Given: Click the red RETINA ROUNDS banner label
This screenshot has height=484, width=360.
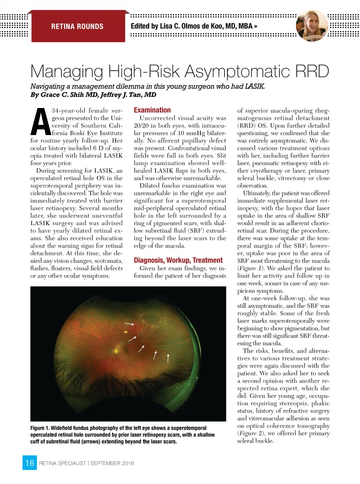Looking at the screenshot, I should click(77, 26).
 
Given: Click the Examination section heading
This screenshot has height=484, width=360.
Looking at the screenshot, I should click(152, 110).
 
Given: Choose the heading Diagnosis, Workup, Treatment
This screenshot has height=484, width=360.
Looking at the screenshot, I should click(178, 260).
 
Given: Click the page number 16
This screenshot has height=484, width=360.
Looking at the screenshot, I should click(30, 463).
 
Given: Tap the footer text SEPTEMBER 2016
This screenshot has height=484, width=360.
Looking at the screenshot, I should click(112, 463).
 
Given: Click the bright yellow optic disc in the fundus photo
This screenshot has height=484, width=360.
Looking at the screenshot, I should click(116, 350).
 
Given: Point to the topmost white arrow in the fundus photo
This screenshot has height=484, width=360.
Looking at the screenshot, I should click(129, 323).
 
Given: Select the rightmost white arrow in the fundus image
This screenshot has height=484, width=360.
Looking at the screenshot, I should click(168, 358).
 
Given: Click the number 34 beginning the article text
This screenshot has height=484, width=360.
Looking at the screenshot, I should click(55, 110).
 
